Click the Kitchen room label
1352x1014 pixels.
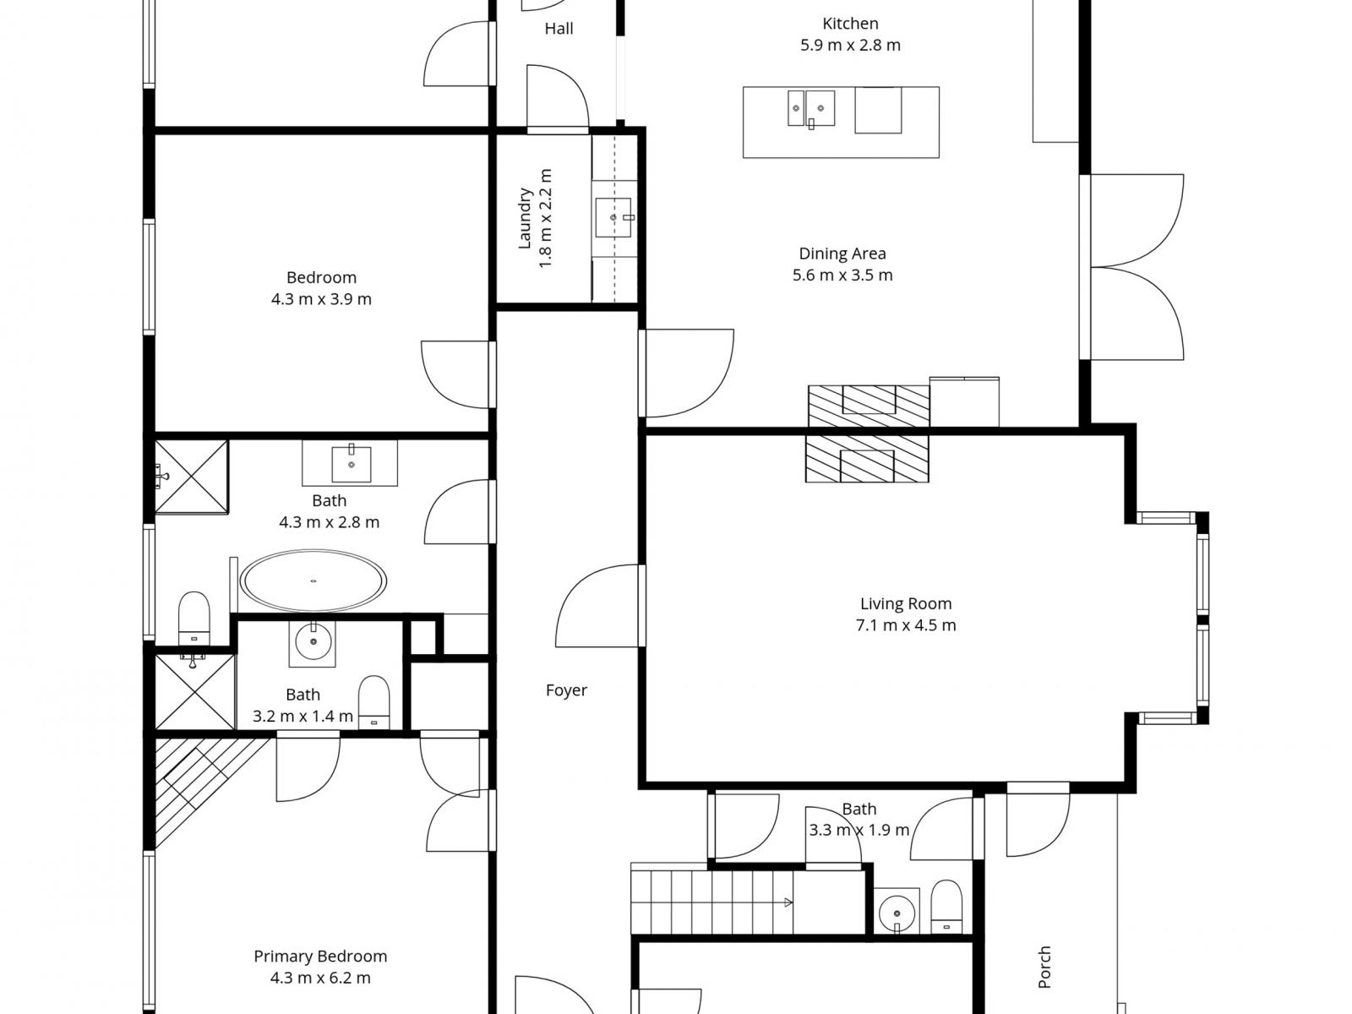click(850, 24)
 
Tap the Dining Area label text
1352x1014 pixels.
click(842, 253)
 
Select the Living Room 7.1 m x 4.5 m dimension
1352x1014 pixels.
click(906, 625)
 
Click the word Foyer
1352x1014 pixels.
click(566, 690)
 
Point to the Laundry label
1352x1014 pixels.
click(525, 219)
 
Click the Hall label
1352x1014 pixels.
click(559, 29)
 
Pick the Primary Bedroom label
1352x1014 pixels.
click(320, 957)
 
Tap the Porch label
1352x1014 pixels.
click(1044, 968)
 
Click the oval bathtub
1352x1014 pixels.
click(313, 581)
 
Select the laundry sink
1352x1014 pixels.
click(614, 217)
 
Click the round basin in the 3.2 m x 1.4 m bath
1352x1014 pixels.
click(313, 641)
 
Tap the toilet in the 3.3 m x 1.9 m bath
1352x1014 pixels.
click(946, 906)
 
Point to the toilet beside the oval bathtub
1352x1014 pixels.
click(194, 619)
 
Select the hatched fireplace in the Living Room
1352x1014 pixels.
click(867, 459)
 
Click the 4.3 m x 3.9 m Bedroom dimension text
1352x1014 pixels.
click(321, 299)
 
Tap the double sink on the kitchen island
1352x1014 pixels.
click(811, 108)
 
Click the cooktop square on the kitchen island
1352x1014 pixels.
click(878, 110)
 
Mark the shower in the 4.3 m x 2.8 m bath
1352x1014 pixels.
click(191, 476)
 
